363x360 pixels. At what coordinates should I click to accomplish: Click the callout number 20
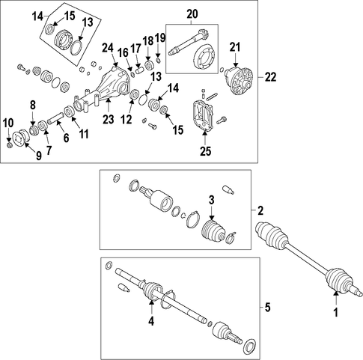192,14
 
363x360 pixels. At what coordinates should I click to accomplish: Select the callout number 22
270,77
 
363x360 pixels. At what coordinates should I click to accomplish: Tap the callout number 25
205,151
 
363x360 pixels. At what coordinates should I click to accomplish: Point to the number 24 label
108,48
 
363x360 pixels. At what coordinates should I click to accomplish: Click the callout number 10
8,123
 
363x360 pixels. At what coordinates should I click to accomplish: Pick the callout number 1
336,312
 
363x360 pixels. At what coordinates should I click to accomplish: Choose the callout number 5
267,308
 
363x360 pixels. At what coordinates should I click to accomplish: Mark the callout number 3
211,200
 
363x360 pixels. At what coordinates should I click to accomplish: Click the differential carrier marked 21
239,81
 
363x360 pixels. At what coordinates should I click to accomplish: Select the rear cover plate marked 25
203,115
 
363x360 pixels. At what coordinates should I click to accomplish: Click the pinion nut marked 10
9,144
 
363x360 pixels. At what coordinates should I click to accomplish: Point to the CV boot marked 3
213,231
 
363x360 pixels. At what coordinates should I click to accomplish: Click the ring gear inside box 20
204,58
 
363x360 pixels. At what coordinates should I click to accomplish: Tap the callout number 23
109,119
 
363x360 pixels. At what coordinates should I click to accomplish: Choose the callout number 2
260,211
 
